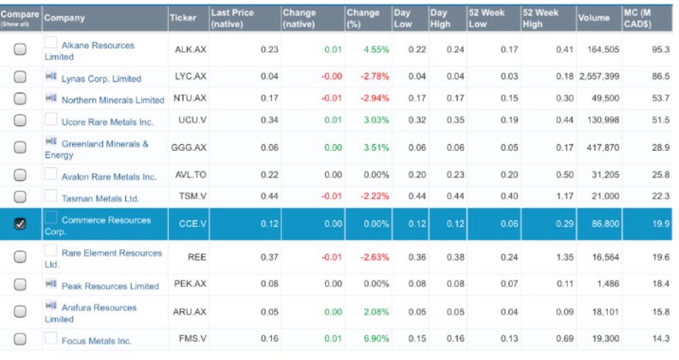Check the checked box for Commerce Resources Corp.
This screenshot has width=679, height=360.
(20, 224)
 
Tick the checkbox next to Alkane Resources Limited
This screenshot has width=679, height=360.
(20, 50)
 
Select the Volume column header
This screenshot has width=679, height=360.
(592, 18)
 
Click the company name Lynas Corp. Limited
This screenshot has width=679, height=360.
(101, 78)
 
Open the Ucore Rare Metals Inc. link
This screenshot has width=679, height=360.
(107, 122)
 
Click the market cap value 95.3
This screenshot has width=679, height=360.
(657, 50)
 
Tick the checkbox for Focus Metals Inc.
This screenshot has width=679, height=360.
(20, 340)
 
